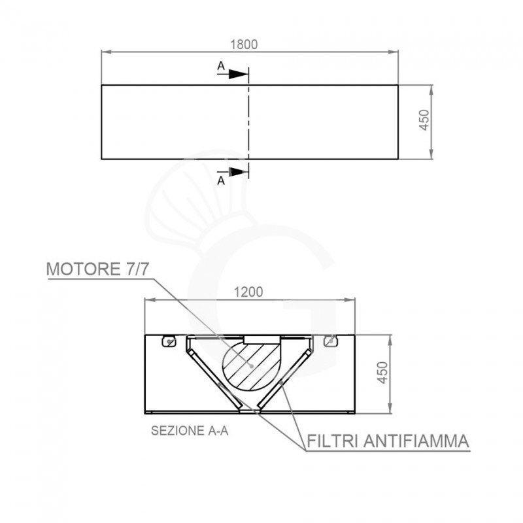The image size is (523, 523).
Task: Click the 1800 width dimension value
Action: click(x=246, y=44)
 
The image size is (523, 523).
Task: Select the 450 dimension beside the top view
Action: click(x=424, y=121)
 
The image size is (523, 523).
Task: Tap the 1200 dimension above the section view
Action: click(x=248, y=292)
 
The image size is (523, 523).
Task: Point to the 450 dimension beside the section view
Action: click(x=384, y=373)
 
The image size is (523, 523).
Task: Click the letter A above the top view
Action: click(x=221, y=66)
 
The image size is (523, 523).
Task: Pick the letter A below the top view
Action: click(x=221, y=181)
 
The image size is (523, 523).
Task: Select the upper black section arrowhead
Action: click(x=239, y=74)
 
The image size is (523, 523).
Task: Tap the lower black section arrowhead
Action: click(x=239, y=172)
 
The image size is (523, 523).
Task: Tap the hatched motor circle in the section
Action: click(x=252, y=366)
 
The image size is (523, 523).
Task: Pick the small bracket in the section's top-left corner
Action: click(x=169, y=340)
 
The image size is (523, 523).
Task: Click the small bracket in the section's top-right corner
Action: click(x=331, y=340)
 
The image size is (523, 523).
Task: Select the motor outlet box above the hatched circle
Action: click(x=261, y=337)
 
